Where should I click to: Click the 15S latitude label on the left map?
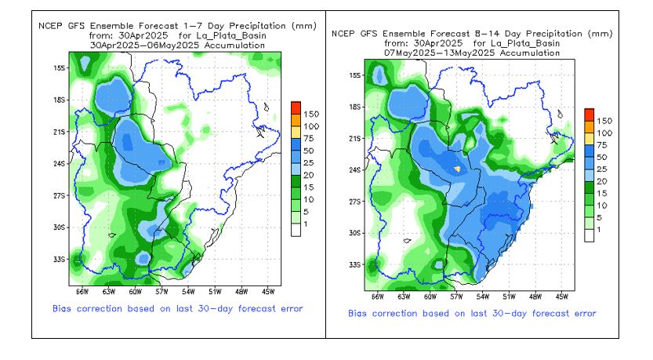point(59,67)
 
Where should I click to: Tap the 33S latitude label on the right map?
point(354,264)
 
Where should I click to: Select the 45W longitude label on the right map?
point(561,296)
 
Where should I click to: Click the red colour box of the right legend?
point(589,114)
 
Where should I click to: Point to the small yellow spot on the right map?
point(458,167)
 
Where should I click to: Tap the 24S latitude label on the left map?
point(59,163)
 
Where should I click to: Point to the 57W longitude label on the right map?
point(456,296)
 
